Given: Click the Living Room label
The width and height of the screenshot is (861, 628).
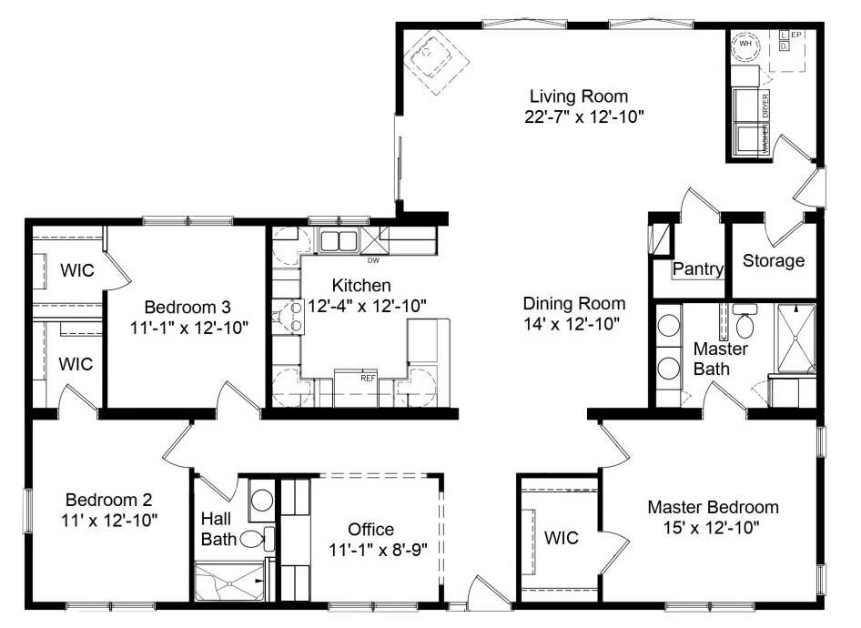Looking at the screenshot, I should point(580,96).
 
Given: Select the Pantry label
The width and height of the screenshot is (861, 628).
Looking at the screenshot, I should point(698,269).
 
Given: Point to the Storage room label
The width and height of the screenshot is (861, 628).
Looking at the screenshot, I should point(774,261).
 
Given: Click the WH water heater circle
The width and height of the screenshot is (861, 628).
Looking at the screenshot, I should point(745,43).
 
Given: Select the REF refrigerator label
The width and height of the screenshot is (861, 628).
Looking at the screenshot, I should point(343,377).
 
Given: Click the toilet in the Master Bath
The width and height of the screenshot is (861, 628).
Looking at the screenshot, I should point(745,324).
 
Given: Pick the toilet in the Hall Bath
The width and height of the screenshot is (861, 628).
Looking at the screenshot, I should point(254,540).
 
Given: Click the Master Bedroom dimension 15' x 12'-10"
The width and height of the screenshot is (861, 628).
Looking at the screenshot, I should point(713,527).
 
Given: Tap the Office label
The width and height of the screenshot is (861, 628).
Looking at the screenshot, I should point(371,529).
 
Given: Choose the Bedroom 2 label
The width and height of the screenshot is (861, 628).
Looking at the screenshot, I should point(108,500).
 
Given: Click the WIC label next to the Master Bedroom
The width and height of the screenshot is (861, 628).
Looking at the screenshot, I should point(561,538).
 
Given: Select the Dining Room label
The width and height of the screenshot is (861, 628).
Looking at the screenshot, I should point(574,304).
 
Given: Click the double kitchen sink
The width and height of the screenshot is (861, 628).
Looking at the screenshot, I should point(338,241).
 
